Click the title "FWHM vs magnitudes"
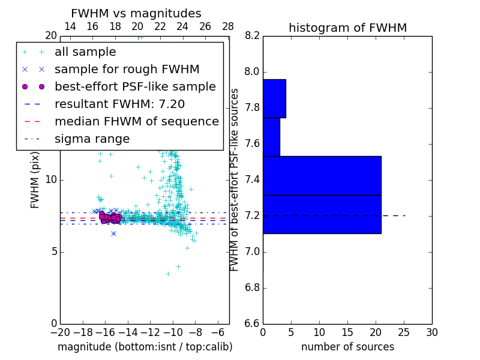point(136,14)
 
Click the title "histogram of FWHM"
point(347,28)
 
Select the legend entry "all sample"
point(85,52)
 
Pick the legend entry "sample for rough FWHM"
point(127,69)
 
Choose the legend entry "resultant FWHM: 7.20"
point(119,104)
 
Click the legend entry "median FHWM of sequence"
point(136,121)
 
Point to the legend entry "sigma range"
point(92,139)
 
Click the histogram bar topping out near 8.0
point(274,98)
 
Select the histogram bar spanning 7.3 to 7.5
point(322,176)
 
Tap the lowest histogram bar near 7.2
point(322,214)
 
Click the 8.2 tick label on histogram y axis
point(252,36)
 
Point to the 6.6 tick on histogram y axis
point(252,323)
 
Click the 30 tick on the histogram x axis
point(431,332)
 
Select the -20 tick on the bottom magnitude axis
point(60,332)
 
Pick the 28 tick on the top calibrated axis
point(228,26)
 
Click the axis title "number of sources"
point(347,347)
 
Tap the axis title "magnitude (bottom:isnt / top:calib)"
point(145,347)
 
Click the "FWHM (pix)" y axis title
point(35,179)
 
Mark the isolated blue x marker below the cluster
point(113,233)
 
